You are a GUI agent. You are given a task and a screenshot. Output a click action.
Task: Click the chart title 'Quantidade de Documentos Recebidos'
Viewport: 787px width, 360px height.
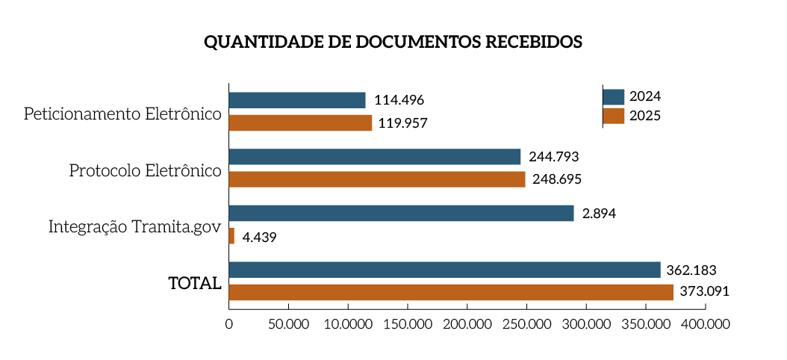393,42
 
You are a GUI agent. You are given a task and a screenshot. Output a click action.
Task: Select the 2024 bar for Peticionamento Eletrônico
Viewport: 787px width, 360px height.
297,100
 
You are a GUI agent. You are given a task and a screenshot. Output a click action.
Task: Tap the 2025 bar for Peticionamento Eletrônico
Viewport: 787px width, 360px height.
300,122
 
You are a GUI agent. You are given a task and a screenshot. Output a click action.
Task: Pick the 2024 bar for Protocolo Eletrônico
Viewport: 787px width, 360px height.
374,157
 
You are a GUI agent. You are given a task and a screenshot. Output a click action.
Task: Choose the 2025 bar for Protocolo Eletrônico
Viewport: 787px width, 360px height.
376,179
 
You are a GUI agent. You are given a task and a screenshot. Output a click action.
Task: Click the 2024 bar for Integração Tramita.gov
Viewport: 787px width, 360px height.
401,214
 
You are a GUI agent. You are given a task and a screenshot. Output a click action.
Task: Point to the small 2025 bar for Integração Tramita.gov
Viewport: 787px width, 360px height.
231,236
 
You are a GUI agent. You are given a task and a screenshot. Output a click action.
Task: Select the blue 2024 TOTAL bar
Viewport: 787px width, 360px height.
444,270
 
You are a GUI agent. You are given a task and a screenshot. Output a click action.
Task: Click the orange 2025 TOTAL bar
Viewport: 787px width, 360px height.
451,292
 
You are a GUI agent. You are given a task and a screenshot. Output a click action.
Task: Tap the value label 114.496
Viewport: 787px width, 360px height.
399,100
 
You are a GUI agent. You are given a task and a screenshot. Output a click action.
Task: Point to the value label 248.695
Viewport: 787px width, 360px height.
555,179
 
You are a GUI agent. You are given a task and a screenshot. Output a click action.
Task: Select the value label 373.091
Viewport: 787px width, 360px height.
703,292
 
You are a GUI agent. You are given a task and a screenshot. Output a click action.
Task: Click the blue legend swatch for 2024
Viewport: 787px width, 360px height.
613,96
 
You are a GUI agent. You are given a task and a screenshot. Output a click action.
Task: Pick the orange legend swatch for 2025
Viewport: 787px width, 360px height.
613,116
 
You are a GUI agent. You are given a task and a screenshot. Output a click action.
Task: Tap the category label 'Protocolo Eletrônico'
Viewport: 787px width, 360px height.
145,170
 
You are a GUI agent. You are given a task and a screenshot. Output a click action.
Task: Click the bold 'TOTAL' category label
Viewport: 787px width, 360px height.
195,284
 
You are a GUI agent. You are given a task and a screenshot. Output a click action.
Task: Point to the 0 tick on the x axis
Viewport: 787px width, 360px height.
228,324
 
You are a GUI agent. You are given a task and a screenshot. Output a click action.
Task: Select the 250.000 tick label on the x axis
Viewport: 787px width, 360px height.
527,324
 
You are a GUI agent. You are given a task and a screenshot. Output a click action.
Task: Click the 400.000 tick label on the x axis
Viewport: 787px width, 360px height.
706,324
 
